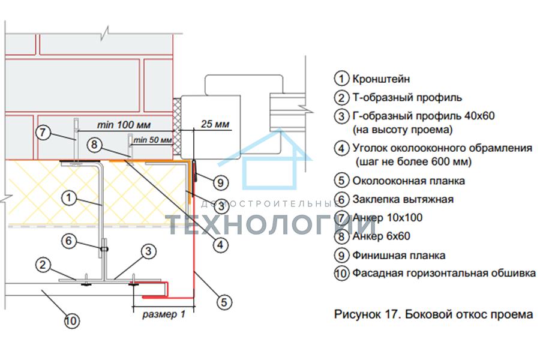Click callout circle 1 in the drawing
(69, 198)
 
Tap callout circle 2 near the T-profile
(43, 265)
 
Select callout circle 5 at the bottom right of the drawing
(224, 302)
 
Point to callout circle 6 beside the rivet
(68, 241)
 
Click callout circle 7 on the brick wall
(43, 132)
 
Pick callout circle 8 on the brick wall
(94, 145)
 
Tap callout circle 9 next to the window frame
(221, 182)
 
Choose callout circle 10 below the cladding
(71, 321)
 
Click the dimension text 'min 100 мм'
(124, 125)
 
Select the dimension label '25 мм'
(215, 124)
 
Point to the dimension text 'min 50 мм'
(152, 140)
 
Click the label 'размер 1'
(164, 314)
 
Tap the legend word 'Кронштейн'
(381, 79)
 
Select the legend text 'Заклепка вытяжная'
(403, 199)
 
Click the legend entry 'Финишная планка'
(398, 255)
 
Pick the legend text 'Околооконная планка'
(409, 181)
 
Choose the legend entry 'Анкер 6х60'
(381, 236)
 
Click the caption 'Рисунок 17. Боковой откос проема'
(434, 314)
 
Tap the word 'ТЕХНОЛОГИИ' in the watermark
(271, 224)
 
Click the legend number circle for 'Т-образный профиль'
(341, 97)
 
